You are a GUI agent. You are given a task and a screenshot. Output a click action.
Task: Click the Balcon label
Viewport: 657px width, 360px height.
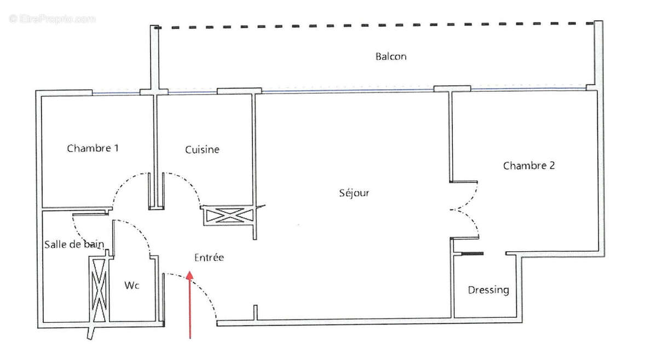click(x=391, y=56)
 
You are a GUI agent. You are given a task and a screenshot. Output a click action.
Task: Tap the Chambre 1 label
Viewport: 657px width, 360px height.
click(x=93, y=148)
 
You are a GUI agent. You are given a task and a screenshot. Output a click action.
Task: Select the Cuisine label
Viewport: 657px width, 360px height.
click(x=202, y=149)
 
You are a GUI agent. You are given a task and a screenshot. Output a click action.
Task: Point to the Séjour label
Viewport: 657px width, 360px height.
click(x=354, y=193)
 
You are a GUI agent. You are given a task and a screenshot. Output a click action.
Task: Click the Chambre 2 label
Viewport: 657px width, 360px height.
click(x=529, y=165)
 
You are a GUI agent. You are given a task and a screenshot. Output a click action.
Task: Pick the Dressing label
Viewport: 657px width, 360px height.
click(x=488, y=290)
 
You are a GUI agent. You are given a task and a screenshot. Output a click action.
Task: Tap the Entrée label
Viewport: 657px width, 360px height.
click(x=209, y=257)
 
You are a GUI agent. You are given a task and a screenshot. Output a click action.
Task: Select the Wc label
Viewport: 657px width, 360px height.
click(x=131, y=285)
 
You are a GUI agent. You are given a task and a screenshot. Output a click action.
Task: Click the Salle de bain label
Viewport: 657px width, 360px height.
click(x=74, y=245)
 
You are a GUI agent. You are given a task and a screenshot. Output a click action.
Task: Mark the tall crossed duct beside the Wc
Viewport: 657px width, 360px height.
click(x=99, y=289)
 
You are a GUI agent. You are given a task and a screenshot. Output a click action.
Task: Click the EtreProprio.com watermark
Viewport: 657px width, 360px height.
click(x=52, y=19)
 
